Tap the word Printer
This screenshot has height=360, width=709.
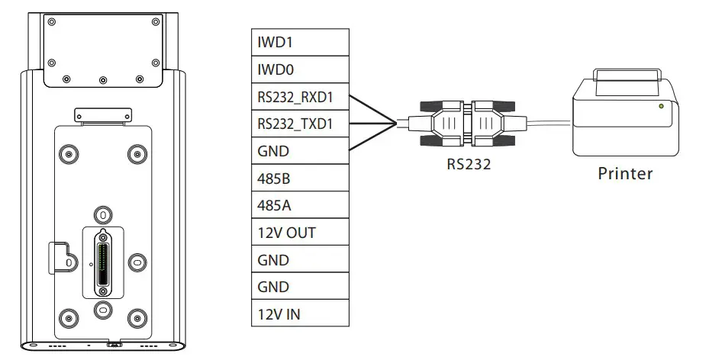click(625, 174)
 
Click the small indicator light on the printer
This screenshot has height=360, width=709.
click(661, 106)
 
